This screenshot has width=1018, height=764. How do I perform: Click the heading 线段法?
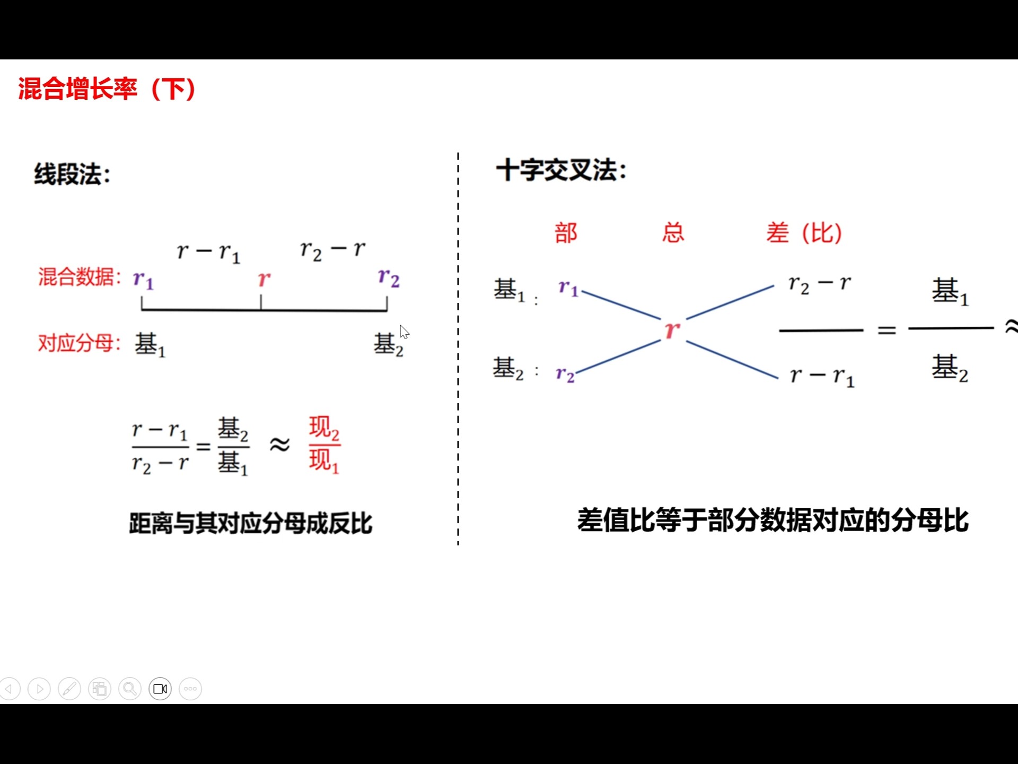pyautogui.click(x=72, y=174)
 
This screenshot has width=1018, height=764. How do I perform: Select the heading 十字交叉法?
pyautogui.click(x=561, y=171)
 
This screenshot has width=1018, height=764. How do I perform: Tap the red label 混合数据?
pyautogui.click(x=80, y=277)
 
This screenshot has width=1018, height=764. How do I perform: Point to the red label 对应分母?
pyautogui.click(x=80, y=343)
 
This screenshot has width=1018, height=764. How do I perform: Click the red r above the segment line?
pyautogui.click(x=264, y=279)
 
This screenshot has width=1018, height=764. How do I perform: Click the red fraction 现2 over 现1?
pyautogui.click(x=324, y=445)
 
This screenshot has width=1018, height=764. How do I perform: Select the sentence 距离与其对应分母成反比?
pyautogui.click(x=250, y=523)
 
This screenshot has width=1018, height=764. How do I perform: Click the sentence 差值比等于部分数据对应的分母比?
pyautogui.click(x=773, y=520)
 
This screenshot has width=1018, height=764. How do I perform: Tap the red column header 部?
pyautogui.click(x=566, y=233)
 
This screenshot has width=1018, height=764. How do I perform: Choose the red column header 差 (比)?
pyautogui.click(x=804, y=233)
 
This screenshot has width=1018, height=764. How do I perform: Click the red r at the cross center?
pyautogui.click(x=672, y=330)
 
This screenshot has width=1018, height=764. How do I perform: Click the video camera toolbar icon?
pyautogui.click(x=160, y=689)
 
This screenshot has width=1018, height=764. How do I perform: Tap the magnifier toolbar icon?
pyautogui.click(x=130, y=689)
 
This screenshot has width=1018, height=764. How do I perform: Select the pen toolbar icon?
pyautogui.click(x=69, y=689)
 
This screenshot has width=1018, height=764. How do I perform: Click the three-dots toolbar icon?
pyautogui.click(x=190, y=689)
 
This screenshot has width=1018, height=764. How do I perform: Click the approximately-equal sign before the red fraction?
pyautogui.click(x=279, y=445)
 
